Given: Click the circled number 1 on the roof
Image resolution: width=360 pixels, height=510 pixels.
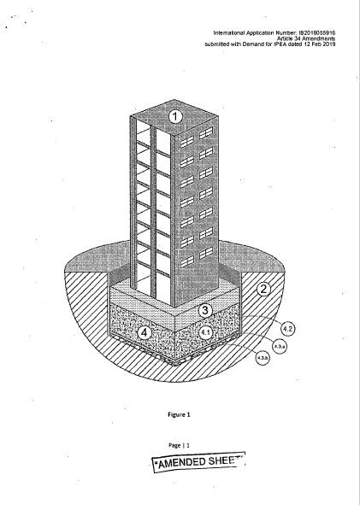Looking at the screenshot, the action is click(x=175, y=117).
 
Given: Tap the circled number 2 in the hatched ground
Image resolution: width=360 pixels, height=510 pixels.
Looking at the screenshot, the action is click(x=263, y=289).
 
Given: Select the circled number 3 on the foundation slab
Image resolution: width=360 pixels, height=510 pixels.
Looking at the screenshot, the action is click(x=204, y=310).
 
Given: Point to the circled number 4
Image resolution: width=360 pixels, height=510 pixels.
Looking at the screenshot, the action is click(x=145, y=332).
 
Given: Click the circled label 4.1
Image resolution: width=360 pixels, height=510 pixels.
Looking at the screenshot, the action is click(x=205, y=332).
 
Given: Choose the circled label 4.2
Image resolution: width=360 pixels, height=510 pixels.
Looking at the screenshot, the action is click(x=287, y=329).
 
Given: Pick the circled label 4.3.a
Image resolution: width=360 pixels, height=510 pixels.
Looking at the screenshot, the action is click(x=280, y=347).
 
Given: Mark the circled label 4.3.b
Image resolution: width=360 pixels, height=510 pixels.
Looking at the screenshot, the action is click(x=263, y=358).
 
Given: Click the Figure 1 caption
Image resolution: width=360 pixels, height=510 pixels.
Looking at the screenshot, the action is click(x=179, y=414).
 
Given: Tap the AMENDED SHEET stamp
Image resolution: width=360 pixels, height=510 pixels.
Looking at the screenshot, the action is click(x=199, y=462).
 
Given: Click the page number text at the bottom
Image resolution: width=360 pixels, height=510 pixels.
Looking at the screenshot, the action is click(x=179, y=445).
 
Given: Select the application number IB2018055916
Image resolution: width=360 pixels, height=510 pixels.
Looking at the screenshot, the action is click(x=317, y=32).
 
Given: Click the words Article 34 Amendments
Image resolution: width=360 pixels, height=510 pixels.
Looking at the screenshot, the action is click(x=306, y=38).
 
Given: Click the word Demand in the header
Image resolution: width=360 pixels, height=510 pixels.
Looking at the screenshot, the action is click(x=253, y=44).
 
